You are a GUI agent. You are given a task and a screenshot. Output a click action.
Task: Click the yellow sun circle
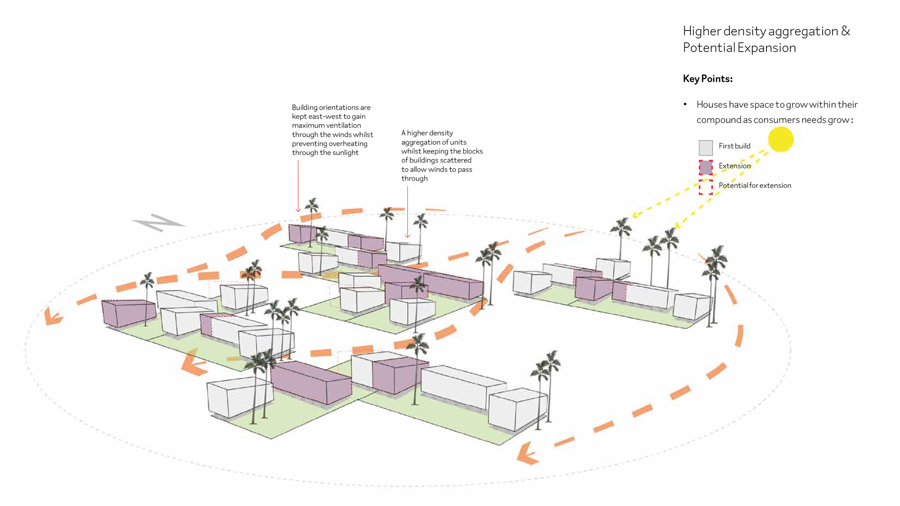pos(780,140)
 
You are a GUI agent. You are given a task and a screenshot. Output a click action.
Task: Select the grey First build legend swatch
pos(705,148)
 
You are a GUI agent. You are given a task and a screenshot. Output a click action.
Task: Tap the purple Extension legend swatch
pos(705,167)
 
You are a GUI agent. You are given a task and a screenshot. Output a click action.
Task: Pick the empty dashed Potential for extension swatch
pos(705,187)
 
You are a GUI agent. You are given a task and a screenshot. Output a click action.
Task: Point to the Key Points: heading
pos(707,79)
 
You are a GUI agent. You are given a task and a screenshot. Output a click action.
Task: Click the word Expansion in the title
pos(766,48)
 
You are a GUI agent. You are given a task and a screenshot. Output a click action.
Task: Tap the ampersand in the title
pos(845,31)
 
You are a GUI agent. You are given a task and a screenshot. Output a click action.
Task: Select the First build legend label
pos(734,146)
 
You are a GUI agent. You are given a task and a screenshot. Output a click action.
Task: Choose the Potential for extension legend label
pos(755,186)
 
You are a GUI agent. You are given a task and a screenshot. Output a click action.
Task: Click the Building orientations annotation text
pos(332,130)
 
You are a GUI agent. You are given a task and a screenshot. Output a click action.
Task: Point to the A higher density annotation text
pos(442,156)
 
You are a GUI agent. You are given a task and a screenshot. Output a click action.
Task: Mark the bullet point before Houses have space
pos(685,104)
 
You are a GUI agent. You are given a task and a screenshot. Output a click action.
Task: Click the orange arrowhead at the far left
pos(52,316)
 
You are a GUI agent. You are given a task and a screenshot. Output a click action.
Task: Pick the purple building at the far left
pos(128,313)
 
